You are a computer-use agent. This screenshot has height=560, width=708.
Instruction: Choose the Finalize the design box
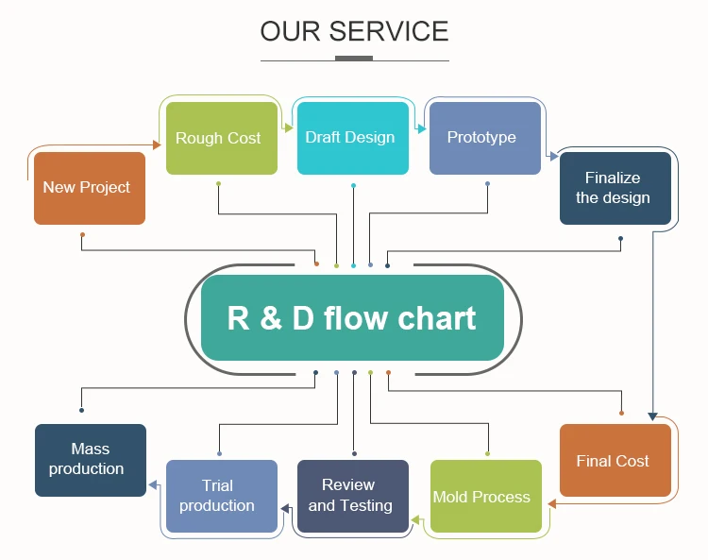click(x=615, y=188)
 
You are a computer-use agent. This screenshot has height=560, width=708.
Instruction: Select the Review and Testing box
click(x=353, y=497)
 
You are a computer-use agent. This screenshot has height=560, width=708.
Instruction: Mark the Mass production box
click(x=91, y=460)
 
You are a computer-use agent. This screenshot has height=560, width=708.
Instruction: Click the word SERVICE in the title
click(x=388, y=31)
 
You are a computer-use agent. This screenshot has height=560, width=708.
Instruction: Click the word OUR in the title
click(x=289, y=31)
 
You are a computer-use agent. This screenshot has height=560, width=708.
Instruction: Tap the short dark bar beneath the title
click(x=354, y=59)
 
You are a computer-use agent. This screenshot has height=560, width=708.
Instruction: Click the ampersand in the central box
click(x=271, y=318)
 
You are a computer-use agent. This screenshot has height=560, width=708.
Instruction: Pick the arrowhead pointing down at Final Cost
click(x=651, y=416)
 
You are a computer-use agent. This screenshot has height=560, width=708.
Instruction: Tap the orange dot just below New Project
click(x=82, y=234)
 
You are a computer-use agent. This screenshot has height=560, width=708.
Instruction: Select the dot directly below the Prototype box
click(x=487, y=183)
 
